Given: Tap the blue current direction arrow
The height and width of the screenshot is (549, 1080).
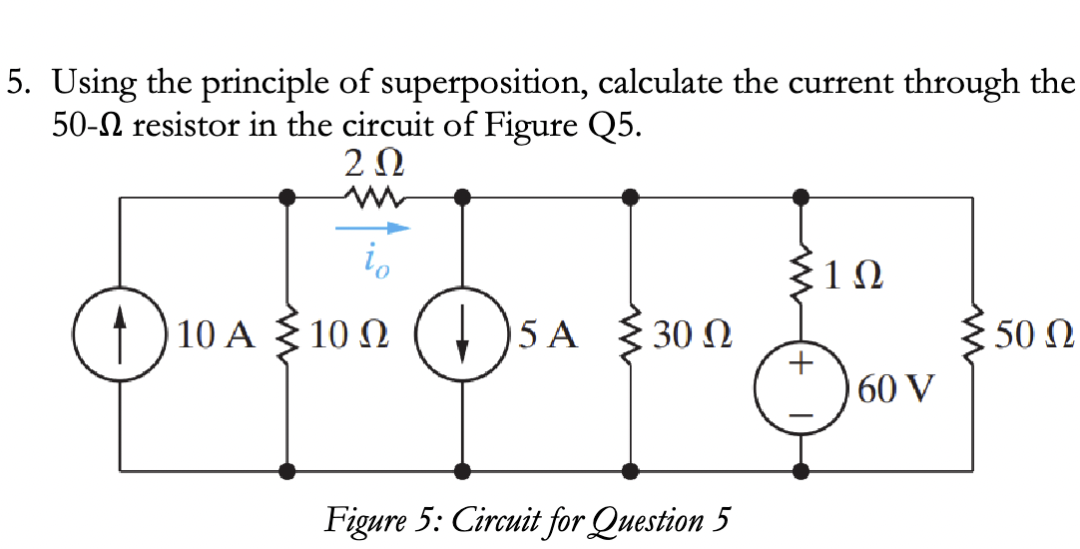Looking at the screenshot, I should [x=371, y=229].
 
